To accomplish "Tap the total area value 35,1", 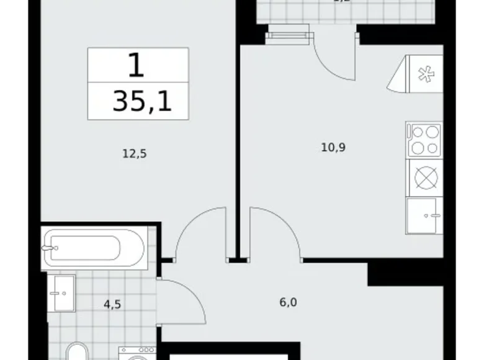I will (141, 101).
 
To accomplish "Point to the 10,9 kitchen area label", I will (334, 147).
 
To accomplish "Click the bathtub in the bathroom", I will (94, 248).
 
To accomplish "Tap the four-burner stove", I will (424, 140).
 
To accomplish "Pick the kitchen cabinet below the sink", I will (424, 215).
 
